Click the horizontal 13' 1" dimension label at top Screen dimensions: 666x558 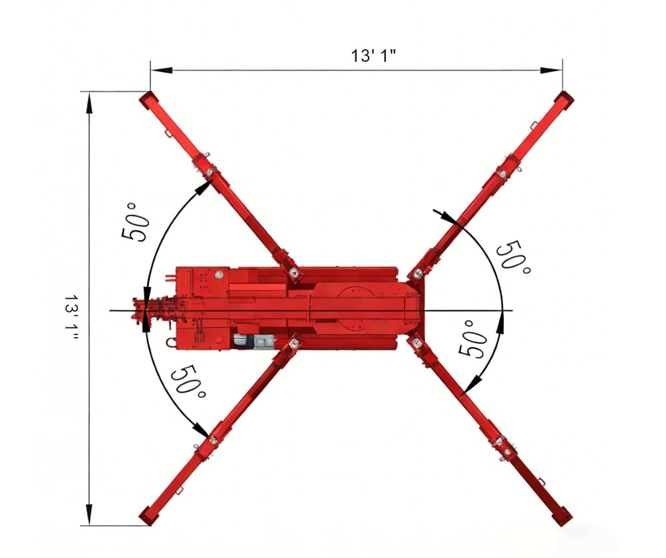coord(373,56)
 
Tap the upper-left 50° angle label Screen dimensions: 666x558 coord(136,221)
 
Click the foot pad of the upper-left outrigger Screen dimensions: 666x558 coord(148,100)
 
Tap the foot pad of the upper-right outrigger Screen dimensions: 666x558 coord(564,101)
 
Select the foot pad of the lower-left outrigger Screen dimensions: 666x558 coord(148,515)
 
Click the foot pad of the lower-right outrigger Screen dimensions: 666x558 coord(562,516)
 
